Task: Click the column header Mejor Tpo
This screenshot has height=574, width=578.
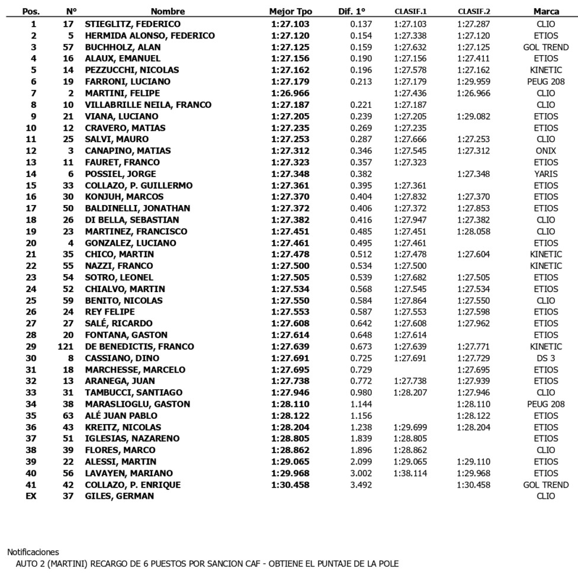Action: click(x=290, y=11)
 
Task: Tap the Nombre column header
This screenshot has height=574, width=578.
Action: click(x=168, y=11)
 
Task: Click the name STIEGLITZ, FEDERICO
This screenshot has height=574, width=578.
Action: click(x=133, y=24)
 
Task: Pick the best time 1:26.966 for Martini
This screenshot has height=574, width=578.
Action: click(x=290, y=93)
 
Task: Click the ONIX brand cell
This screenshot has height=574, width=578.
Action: click(x=545, y=150)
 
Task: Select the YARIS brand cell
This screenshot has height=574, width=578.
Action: click(x=545, y=174)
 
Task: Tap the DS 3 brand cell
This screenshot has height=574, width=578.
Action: click(x=545, y=358)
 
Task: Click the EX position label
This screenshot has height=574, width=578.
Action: click(x=31, y=496)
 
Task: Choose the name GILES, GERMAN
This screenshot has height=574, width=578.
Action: click(x=119, y=496)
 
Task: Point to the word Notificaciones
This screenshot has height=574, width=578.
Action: click(x=33, y=552)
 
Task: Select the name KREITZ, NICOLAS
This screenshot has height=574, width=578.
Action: click(x=123, y=427)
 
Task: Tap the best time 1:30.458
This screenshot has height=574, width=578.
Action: click(x=290, y=485)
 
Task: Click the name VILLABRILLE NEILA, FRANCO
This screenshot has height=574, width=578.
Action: click(x=148, y=105)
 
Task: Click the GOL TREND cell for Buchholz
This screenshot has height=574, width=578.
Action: click(x=545, y=47)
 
